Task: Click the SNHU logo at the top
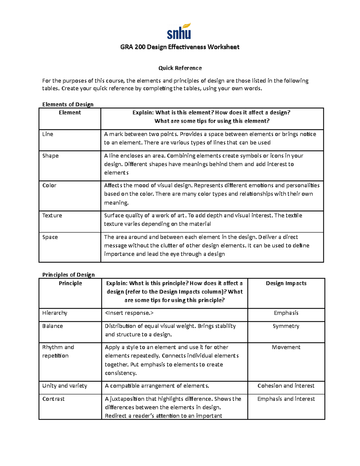click(x=179, y=32)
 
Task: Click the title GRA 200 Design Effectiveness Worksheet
click(x=180, y=47)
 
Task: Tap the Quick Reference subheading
click(x=180, y=68)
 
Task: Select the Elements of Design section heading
click(x=68, y=104)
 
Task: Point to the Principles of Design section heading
click(x=68, y=275)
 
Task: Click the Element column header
click(x=70, y=113)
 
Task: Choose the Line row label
click(x=48, y=134)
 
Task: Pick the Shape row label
click(x=50, y=156)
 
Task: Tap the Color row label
click(x=49, y=185)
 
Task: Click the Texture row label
click(x=52, y=215)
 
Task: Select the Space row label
click(x=50, y=237)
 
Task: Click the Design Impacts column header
click(x=286, y=283)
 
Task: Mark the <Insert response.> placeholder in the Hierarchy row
click(x=129, y=313)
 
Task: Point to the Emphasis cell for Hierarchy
click(x=286, y=313)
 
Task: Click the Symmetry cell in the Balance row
click(x=286, y=326)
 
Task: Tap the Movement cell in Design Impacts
click(x=286, y=347)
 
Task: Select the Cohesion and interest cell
click(x=286, y=386)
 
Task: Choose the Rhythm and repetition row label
click(x=58, y=351)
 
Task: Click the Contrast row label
click(x=53, y=399)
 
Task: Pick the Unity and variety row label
click(x=64, y=386)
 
